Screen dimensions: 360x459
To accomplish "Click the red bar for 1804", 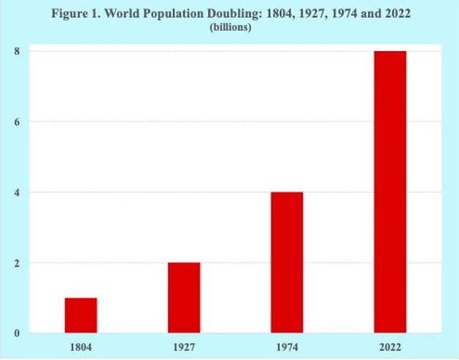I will [x=80, y=315].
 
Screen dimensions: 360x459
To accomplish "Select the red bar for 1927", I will [x=183, y=298].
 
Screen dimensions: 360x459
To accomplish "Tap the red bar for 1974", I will [x=287, y=263].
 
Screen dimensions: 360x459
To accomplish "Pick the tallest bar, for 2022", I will [x=390, y=192].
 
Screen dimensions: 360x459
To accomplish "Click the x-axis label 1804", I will [x=80, y=345].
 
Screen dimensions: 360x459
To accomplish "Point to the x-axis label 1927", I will [x=183, y=345].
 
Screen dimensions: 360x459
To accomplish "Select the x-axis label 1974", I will [x=287, y=345].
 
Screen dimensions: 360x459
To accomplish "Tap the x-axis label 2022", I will [x=390, y=345].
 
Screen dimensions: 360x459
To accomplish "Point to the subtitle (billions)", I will [x=231, y=29].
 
